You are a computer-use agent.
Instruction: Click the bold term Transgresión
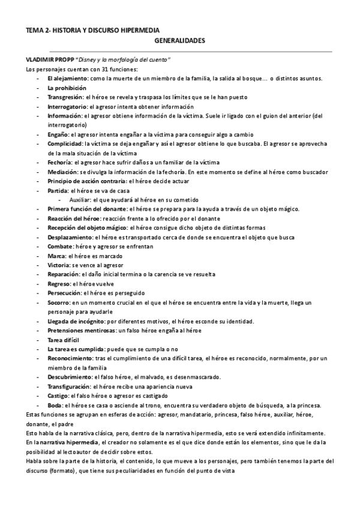tap(65, 97)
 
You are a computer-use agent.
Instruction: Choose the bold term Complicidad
tap(65, 144)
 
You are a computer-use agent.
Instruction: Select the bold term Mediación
tap(61, 172)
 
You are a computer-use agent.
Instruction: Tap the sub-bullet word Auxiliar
tap(80, 199)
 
